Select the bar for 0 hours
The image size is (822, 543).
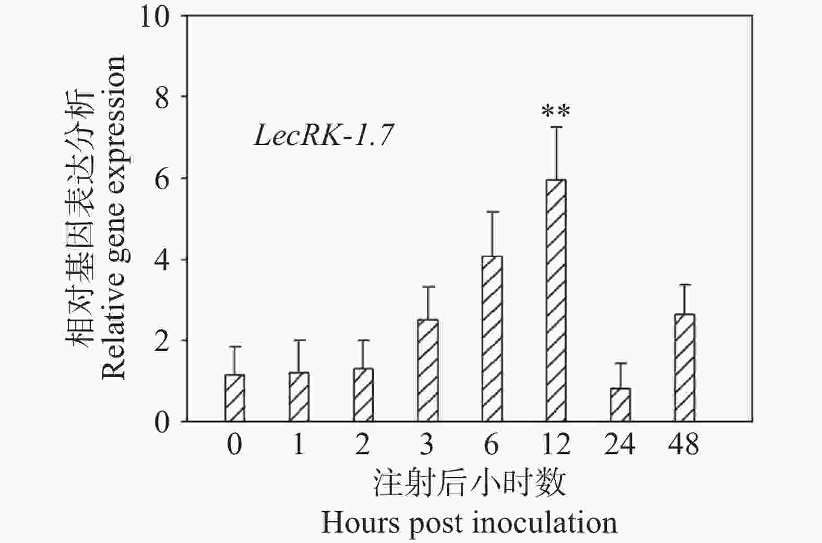tap(234, 398)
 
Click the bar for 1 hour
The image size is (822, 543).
tap(299, 397)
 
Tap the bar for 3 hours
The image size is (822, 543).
tap(427, 370)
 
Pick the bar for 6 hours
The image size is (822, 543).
tap(492, 339)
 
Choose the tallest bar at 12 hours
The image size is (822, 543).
tap(556, 300)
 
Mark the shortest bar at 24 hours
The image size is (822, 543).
tap(620, 405)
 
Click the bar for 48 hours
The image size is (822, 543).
tap(684, 368)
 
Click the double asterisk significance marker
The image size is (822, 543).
tap(556, 111)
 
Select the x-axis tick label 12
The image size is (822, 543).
tap(556, 445)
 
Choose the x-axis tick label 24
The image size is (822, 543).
tap(620, 445)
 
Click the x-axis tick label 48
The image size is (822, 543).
tap(684, 445)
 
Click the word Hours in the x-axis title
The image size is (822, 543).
tap(361, 522)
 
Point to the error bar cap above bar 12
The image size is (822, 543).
tap(556, 127)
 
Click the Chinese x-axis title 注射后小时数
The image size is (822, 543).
tap(469, 482)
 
